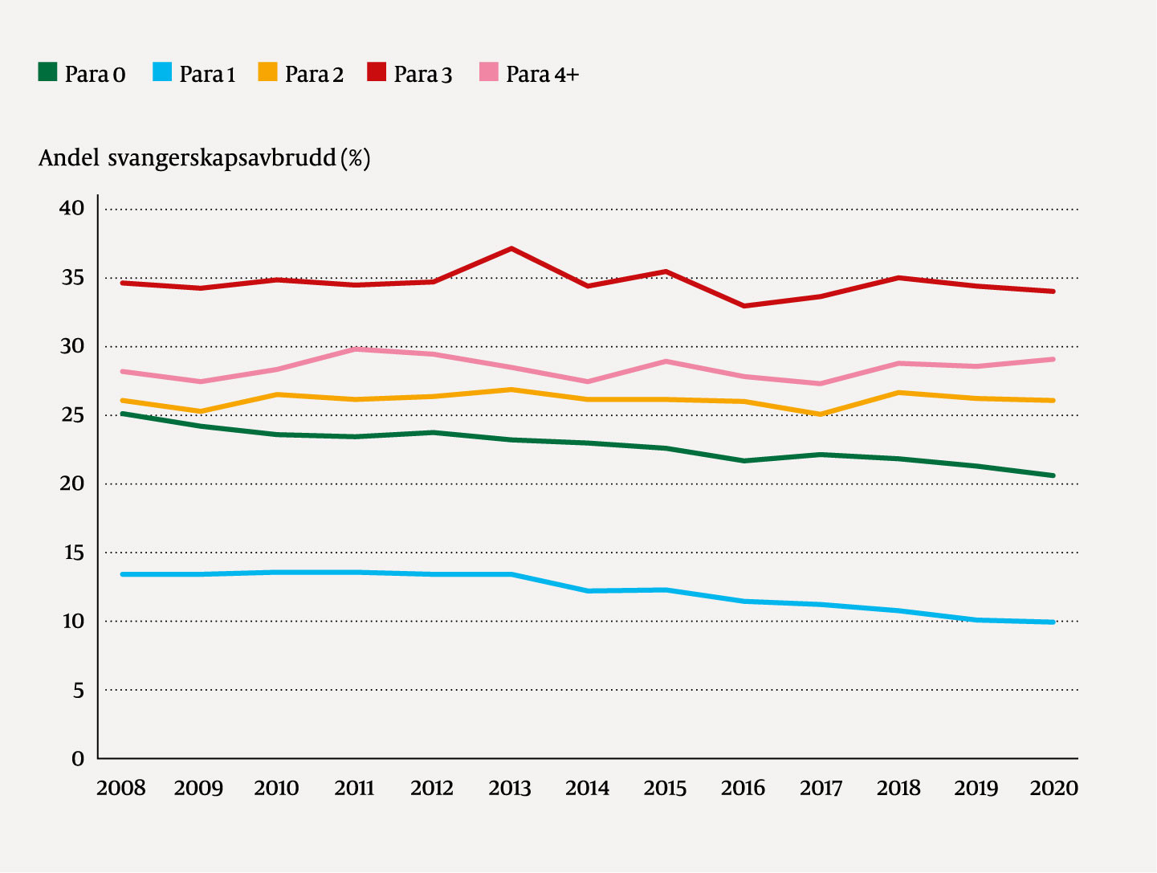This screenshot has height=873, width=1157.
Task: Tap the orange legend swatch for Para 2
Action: point(267,72)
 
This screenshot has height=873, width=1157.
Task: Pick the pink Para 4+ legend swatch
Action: point(489,72)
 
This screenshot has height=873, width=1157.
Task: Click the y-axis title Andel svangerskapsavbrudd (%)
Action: point(204,158)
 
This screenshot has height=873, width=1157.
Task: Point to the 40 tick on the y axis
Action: point(71,209)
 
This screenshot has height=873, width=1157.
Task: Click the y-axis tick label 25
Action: point(71,415)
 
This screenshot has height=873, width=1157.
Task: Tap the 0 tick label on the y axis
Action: point(78,759)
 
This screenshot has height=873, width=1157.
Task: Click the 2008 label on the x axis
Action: point(121,789)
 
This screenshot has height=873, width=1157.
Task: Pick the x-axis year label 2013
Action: point(510,789)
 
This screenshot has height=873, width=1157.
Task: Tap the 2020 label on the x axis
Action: point(1053,789)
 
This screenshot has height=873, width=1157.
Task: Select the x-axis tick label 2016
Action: point(743,789)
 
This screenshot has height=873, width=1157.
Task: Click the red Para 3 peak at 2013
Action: point(511,249)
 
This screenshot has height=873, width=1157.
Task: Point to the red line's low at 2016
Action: point(744,306)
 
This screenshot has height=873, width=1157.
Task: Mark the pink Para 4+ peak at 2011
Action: point(355,349)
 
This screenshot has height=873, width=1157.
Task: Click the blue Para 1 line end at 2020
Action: point(1053,622)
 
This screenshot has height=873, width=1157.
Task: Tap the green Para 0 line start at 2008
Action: point(122,414)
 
